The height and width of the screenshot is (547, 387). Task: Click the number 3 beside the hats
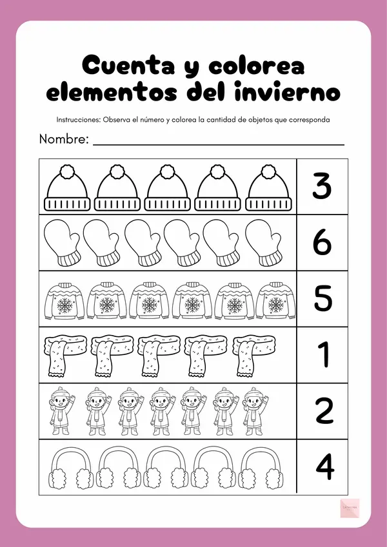coord(321,186)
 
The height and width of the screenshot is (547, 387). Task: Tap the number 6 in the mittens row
coord(321,242)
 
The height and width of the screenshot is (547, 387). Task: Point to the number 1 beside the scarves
coord(323,355)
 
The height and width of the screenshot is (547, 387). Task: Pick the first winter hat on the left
coord(67,187)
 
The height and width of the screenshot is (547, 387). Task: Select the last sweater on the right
coord(276,301)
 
